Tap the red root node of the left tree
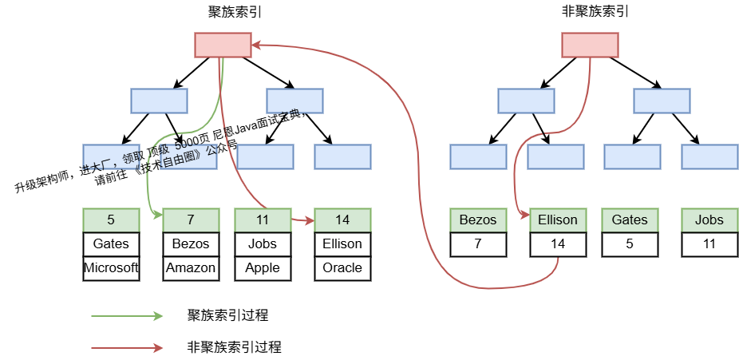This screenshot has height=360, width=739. click(x=223, y=45)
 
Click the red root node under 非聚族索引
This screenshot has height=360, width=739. click(x=590, y=45)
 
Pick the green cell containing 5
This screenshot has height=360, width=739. click(x=111, y=220)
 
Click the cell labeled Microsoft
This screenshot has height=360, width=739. click(x=111, y=268)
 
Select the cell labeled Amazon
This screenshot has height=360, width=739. click(x=191, y=268)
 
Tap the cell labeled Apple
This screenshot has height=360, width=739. click(x=263, y=268)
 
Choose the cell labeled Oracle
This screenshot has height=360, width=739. click(x=342, y=268)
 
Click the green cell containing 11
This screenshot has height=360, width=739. click(x=263, y=220)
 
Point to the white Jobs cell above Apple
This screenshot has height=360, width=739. click(x=263, y=243)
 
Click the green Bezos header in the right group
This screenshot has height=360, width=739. click(x=478, y=220)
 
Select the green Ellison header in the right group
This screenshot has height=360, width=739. click(x=558, y=220)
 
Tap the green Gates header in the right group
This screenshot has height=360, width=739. click(x=630, y=220)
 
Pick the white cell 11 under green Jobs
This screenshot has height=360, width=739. click(x=709, y=243)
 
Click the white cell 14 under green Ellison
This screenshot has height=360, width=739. click(x=558, y=243)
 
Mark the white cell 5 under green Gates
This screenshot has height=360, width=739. click(x=630, y=243)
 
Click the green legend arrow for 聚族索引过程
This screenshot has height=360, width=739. click(x=128, y=316)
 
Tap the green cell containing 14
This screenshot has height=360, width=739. click(x=342, y=220)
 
